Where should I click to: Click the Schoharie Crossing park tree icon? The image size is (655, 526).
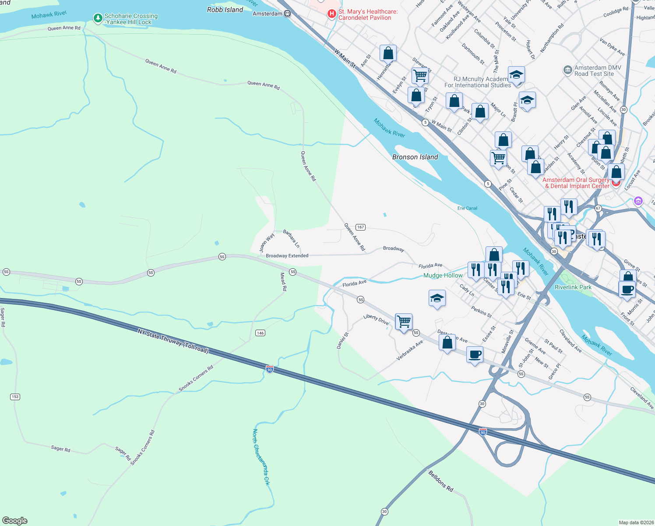coord(98,18)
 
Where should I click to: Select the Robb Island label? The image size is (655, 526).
coord(225,10)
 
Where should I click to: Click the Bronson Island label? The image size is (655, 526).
coord(415,157)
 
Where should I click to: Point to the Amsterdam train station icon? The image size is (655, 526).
coord(287,14)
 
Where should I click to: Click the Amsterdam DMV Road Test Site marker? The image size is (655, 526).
coord(567,70)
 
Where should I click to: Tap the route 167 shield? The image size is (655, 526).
coord(360,227)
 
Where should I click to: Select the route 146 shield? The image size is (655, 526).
coord(260,333)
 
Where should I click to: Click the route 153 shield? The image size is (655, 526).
coord(15,397)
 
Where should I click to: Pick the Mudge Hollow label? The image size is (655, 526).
coord(443,275)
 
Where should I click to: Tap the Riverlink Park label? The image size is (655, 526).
coord(573,287)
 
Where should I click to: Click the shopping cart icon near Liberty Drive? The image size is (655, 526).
coord(403,321)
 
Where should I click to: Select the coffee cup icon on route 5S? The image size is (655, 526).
coord(475,355)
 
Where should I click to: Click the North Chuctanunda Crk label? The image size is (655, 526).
coord(261,457)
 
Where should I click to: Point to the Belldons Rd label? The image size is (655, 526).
coord(440,480)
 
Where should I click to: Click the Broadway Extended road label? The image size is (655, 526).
coord(287,256)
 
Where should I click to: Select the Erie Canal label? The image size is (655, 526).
coord(467,208)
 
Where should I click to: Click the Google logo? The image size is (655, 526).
coord(15,520)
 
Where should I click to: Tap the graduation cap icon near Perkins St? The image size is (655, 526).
coord(437,299)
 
